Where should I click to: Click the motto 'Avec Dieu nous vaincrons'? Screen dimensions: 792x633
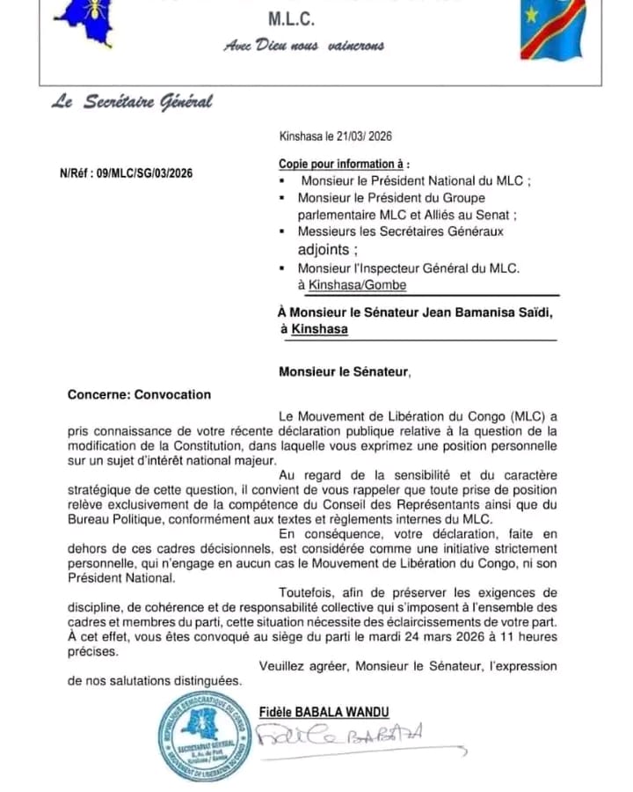click(304, 46)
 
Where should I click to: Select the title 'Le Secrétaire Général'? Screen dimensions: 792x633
click(132, 102)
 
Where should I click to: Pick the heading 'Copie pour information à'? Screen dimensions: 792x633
click(344, 164)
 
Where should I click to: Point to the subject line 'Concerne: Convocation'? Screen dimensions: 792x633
click(139, 394)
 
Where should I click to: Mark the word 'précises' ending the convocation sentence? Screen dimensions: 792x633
click(91, 653)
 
